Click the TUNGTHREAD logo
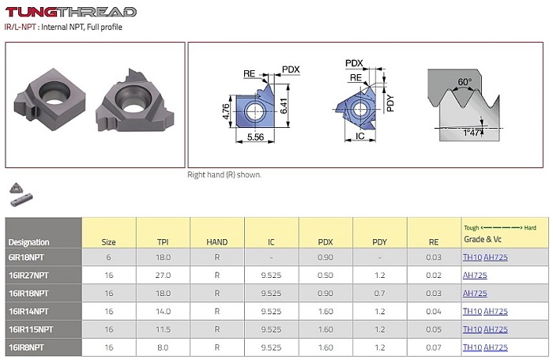[71, 12]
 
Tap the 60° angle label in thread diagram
[465, 82]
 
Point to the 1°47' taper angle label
[471, 133]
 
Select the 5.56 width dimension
[255, 137]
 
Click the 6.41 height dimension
[284, 106]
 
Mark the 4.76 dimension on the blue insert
[226, 111]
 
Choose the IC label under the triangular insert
[359, 136]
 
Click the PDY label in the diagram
[390, 103]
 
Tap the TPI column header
[163, 242]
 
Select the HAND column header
[217, 242]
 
